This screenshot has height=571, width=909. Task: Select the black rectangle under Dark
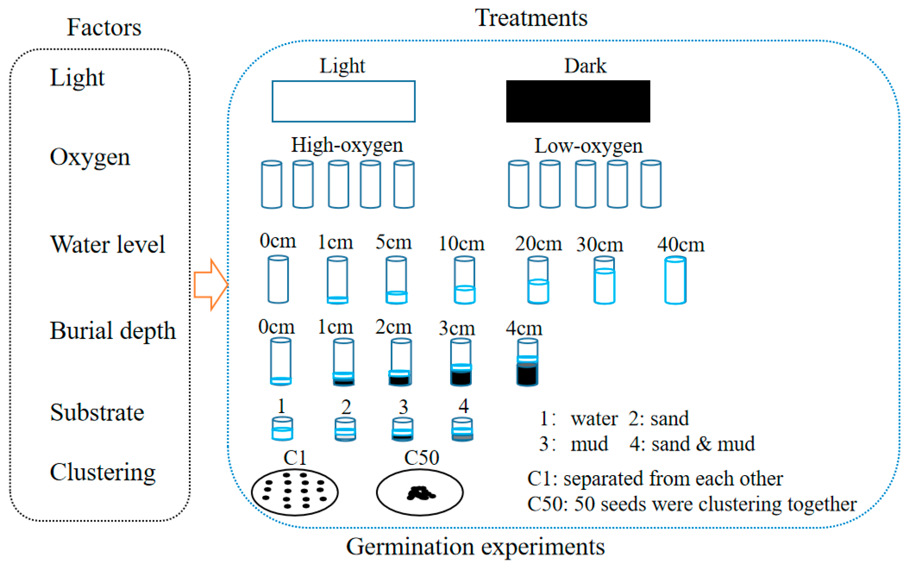[x=578, y=101]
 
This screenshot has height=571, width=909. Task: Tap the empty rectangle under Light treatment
[x=343, y=101]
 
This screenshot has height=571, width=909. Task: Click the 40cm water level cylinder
[x=675, y=280]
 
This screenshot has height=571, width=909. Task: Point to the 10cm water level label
[x=461, y=244]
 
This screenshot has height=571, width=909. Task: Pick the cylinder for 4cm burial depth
[x=527, y=362]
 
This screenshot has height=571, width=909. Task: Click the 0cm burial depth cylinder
[x=280, y=361]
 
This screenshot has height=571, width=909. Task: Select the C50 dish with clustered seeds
[x=420, y=492]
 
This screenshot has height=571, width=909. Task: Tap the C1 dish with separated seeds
[x=294, y=492]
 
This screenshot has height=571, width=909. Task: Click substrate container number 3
[x=402, y=429]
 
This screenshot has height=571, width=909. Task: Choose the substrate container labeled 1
[x=282, y=428]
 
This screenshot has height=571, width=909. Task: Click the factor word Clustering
[x=103, y=472]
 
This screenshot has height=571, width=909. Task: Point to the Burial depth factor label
[x=113, y=331]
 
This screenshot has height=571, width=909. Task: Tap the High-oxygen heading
[x=347, y=145]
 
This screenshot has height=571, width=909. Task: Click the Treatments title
[x=531, y=18]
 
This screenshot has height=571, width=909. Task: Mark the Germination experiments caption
[x=475, y=547]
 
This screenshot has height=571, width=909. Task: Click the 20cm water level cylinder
[x=538, y=280]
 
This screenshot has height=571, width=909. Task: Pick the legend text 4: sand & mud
[x=692, y=444]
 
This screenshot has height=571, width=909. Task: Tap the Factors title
[x=104, y=27]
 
